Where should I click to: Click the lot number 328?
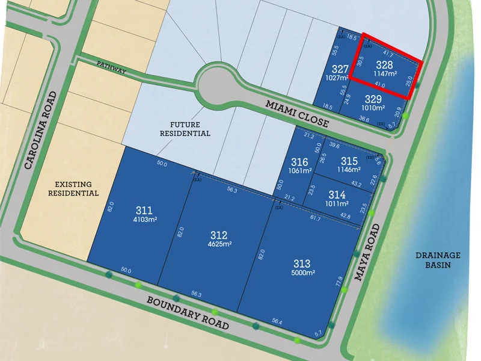point(384,64)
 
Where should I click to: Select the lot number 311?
point(144,210)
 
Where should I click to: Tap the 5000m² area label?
point(303,273)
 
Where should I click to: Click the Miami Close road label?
point(298,114)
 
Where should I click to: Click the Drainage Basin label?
point(437,259)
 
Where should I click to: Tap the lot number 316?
point(299,162)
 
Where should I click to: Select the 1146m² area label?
point(349,170)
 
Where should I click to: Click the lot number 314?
point(337,194)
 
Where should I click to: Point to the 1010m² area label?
point(372,108)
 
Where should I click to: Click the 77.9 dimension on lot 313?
point(340,280)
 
